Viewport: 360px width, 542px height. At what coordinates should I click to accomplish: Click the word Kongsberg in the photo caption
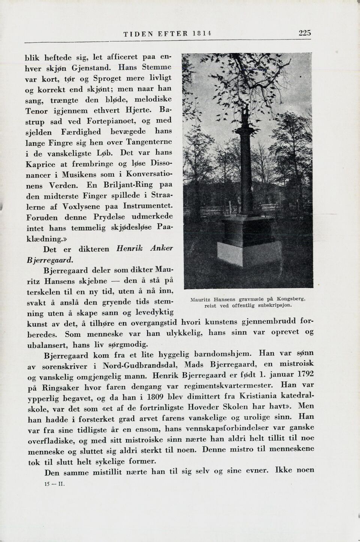click(x=291, y=299)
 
